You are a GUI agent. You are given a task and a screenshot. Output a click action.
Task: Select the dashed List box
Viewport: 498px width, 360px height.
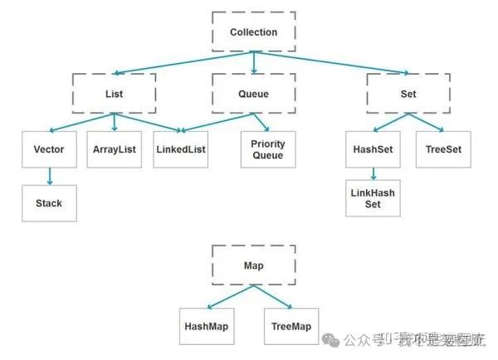(x=115, y=94)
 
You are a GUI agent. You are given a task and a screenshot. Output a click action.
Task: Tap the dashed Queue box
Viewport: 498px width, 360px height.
(x=253, y=94)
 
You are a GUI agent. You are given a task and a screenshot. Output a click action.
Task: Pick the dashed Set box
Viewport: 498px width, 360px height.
(x=408, y=94)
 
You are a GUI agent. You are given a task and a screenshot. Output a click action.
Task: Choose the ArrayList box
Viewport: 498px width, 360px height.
(x=114, y=149)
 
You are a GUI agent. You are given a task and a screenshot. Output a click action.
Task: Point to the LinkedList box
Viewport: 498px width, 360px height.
(x=180, y=149)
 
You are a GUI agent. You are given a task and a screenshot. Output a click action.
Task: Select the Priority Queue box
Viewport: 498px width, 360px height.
(x=267, y=149)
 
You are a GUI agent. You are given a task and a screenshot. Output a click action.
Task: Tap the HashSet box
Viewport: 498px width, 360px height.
(x=373, y=149)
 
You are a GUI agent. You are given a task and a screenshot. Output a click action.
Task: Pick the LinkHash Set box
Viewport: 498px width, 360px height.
(x=373, y=198)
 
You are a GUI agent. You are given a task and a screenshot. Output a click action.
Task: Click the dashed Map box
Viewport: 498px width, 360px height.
(x=253, y=265)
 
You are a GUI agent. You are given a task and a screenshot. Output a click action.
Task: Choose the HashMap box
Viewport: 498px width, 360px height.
(x=206, y=326)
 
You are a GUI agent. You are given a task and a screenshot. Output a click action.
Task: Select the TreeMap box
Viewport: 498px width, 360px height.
(x=290, y=326)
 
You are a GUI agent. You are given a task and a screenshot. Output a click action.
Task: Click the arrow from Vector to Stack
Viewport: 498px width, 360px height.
(x=49, y=176)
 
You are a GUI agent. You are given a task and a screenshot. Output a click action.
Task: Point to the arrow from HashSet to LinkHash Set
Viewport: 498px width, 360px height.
(x=373, y=173)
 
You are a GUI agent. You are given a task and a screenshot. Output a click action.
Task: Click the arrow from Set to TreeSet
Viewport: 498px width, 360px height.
(x=427, y=122)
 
